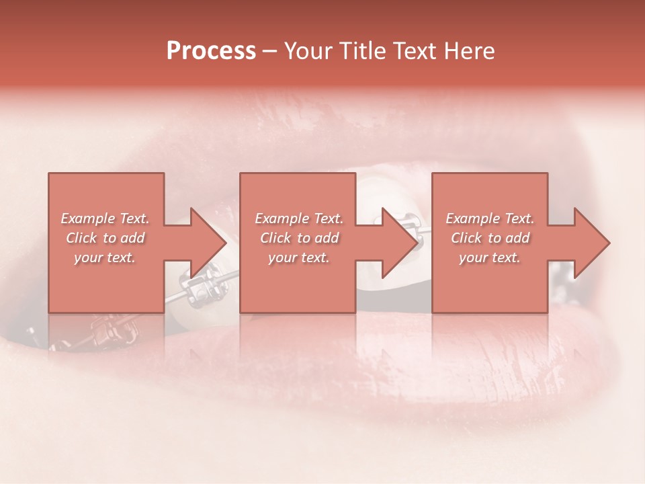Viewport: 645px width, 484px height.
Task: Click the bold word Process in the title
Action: click(x=211, y=51)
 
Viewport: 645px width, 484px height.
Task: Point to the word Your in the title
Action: click(x=310, y=51)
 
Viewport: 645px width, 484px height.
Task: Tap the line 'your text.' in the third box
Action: click(x=490, y=257)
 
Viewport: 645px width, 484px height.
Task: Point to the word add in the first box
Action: click(x=133, y=238)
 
